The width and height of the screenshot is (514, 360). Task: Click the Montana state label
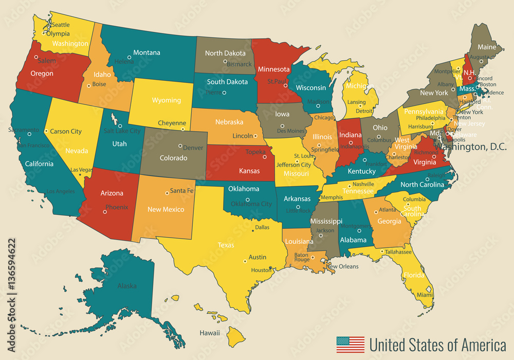tap(146, 52)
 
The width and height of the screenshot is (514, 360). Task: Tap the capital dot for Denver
tap(180, 146)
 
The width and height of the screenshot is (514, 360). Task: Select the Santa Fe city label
tap(182, 191)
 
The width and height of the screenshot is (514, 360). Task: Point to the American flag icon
tap(350, 344)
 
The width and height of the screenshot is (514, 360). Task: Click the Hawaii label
tap(210, 333)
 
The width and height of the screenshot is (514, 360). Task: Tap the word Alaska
tap(127, 286)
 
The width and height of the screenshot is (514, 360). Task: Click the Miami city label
tap(425, 295)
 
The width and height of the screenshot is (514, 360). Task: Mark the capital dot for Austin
tap(245, 261)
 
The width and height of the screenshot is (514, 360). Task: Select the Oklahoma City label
tap(251, 204)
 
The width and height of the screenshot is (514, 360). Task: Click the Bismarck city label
tap(240, 64)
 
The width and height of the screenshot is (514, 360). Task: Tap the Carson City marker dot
tap(46, 131)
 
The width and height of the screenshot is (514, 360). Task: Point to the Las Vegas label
tap(81, 170)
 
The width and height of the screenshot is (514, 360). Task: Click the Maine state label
tap(487, 47)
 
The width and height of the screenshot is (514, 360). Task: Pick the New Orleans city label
tap(342, 266)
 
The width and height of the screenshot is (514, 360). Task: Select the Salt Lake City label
tap(122, 131)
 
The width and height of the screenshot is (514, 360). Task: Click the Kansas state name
tap(249, 171)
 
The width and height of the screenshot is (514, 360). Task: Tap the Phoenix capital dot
tap(105, 211)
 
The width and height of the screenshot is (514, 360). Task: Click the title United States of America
tap(437, 344)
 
